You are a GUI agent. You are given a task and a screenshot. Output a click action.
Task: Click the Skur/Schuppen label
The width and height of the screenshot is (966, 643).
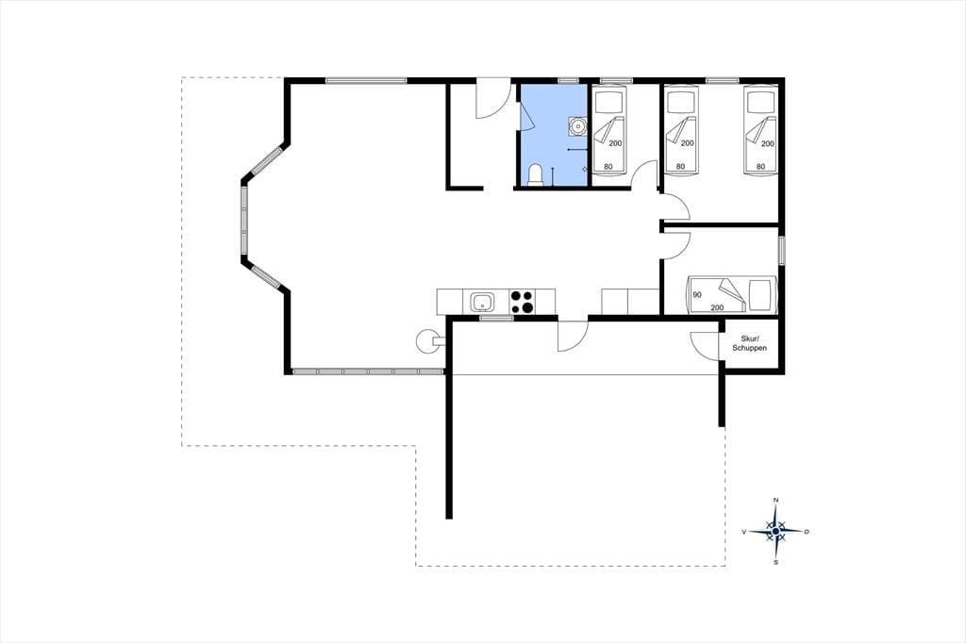click(750, 343)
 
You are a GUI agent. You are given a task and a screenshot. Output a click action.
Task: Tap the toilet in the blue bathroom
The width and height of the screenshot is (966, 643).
click(536, 174)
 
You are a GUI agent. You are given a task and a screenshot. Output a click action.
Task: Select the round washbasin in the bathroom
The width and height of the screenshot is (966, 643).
click(577, 126)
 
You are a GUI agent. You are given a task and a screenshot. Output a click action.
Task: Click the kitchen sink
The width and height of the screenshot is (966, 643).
click(482, 302)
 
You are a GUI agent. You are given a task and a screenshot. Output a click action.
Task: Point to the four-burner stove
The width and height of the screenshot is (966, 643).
click(523, 302)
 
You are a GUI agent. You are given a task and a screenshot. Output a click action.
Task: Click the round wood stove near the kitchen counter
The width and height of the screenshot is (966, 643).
click(426, 342)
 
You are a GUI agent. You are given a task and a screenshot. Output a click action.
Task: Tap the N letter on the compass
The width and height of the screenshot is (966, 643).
click(775, 500)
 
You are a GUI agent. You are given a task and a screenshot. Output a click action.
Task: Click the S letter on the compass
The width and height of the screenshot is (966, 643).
click(775, 562)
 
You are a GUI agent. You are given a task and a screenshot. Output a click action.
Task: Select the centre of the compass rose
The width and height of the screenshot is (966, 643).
click(775, 531)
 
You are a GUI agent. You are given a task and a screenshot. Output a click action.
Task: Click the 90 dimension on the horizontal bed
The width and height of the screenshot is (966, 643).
click(697, 295)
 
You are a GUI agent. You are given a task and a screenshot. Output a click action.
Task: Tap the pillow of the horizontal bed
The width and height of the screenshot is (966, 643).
click(759, 294)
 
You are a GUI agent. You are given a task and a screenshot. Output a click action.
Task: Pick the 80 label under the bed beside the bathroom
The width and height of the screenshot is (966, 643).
click(608, 166)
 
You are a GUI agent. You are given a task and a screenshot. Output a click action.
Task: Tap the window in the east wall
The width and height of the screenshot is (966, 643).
click(781, 250)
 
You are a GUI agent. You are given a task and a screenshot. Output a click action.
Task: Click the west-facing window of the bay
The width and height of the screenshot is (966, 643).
click(244, 219)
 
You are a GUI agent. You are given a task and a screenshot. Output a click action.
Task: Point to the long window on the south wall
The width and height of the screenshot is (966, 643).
click(368, 371)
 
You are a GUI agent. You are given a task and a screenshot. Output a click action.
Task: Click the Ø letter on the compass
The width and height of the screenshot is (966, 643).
click(807, 531)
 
